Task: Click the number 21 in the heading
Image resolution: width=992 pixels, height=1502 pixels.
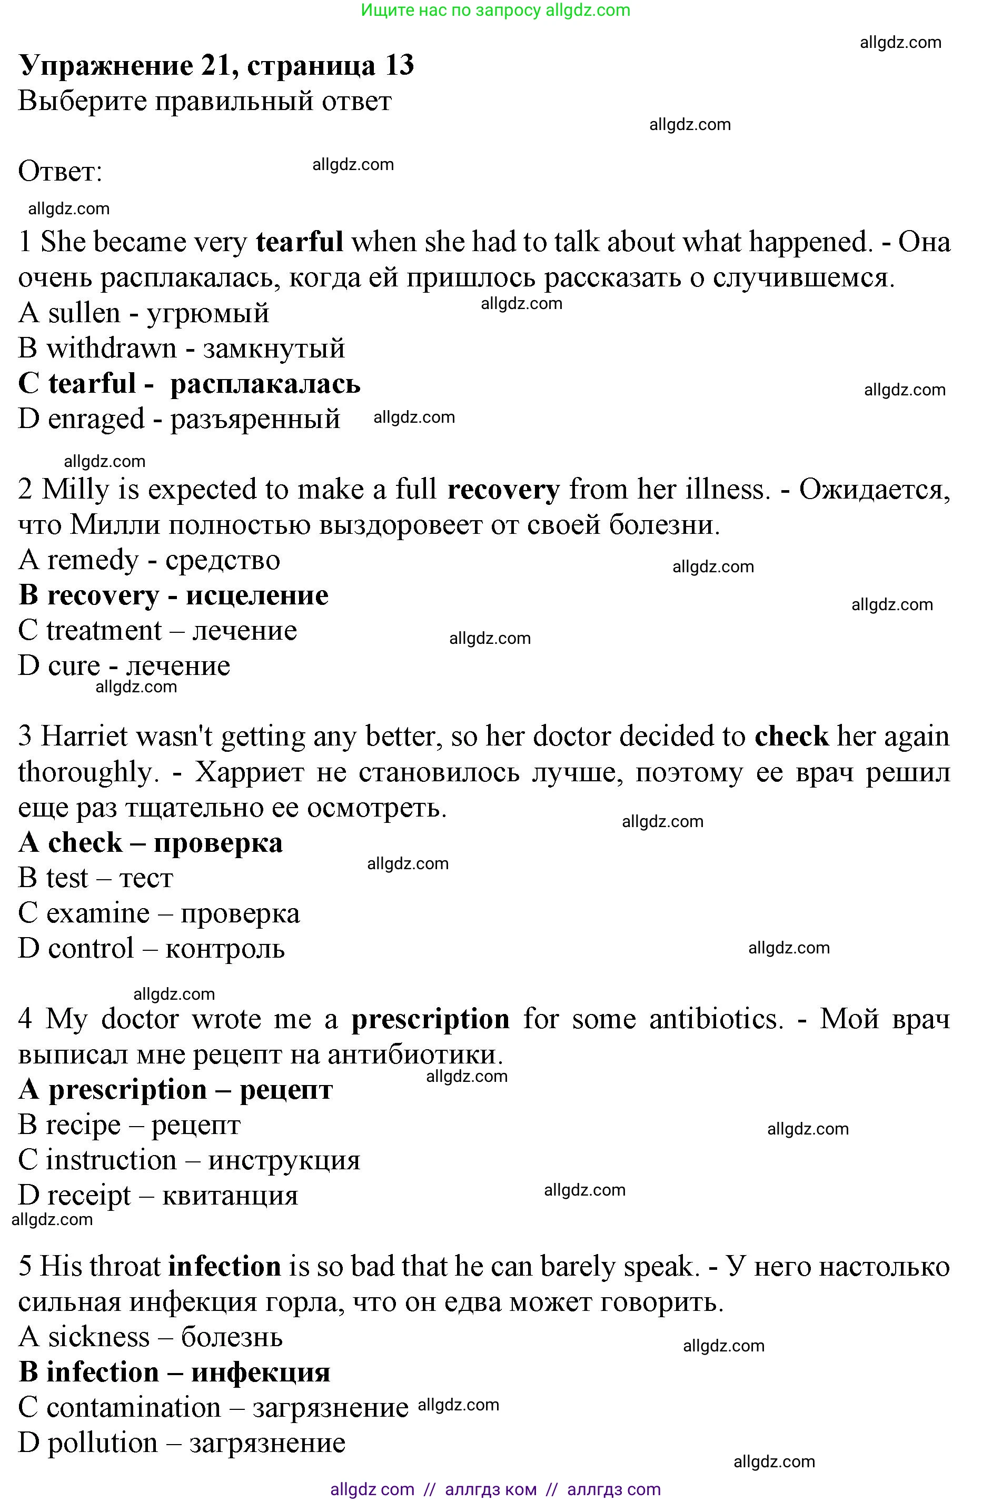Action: point(219,65)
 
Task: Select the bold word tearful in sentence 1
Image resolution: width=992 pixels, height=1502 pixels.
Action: point(299,242)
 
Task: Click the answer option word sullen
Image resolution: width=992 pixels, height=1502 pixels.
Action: point(84,313)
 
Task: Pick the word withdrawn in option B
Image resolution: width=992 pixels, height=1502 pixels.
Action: point(111,349)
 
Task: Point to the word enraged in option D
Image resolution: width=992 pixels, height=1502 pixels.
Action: point(96,419)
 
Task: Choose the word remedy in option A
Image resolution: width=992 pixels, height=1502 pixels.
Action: point(92,560)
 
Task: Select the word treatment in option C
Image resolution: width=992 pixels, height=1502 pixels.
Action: point(104,631)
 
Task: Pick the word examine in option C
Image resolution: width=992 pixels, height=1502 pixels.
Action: point(98,913)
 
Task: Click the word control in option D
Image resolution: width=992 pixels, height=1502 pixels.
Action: point(91,949)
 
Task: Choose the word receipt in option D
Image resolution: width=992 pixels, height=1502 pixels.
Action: point(88,1195)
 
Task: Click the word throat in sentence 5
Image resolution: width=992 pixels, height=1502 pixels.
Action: point(132,1267)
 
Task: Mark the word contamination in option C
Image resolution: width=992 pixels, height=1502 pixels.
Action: point(134,1408)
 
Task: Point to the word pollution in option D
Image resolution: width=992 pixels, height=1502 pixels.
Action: point(103,1443)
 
